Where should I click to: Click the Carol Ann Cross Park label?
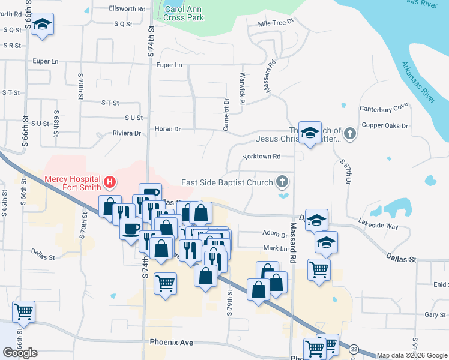(x=184, y=14)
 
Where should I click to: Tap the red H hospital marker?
(x=110, y=181)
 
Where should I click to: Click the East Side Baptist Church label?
(x=228, y=182)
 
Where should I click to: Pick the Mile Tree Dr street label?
(x=275, y=22)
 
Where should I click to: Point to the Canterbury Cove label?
(x=383, y=109)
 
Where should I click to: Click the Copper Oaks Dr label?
(x=385, y=126)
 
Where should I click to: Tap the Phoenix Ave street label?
(x=172, y=342)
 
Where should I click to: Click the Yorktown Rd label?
(x=262, y=157)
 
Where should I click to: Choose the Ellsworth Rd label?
(x=127, y=9)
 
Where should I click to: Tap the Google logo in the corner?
(x=20, y=353)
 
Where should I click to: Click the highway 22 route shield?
(x=354, y=349)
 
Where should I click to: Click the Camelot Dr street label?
(x=227, y=115)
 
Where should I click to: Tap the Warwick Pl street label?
(x=243, y=89)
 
